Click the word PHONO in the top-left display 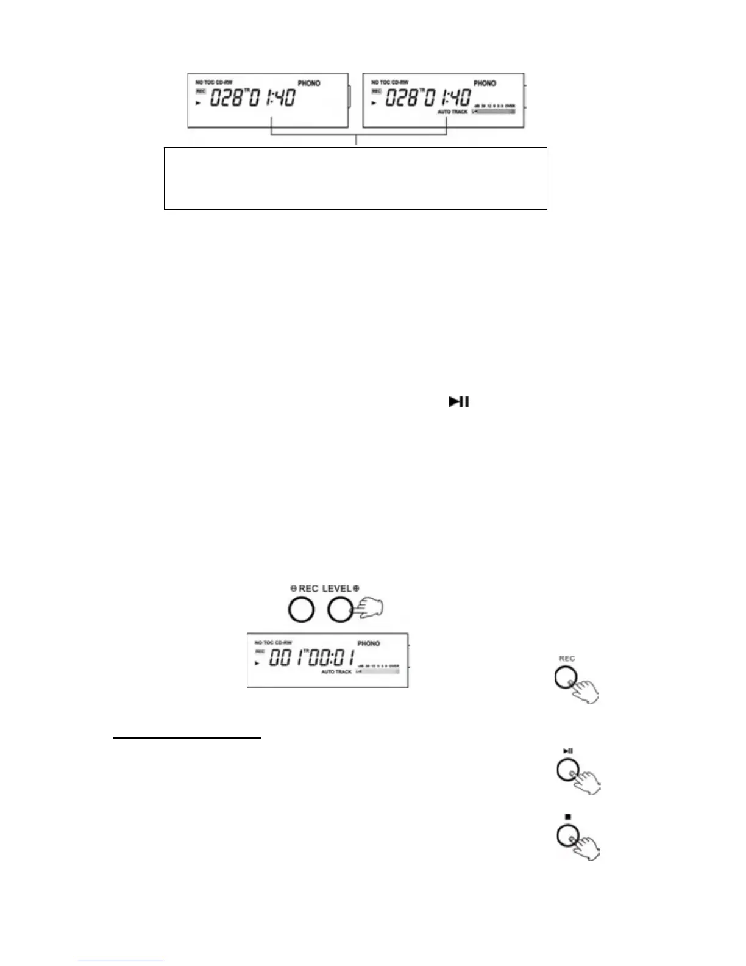click(309, 84)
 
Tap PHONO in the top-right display click(485, 84)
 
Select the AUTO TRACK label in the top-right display click(452, 112)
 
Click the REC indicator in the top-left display click(200, 91)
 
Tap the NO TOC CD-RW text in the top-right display click(389, 82)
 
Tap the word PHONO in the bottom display click(368, 643)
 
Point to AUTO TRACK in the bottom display click(336, 672)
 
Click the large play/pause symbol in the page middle click(458, 402)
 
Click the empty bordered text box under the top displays click(355, 179)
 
